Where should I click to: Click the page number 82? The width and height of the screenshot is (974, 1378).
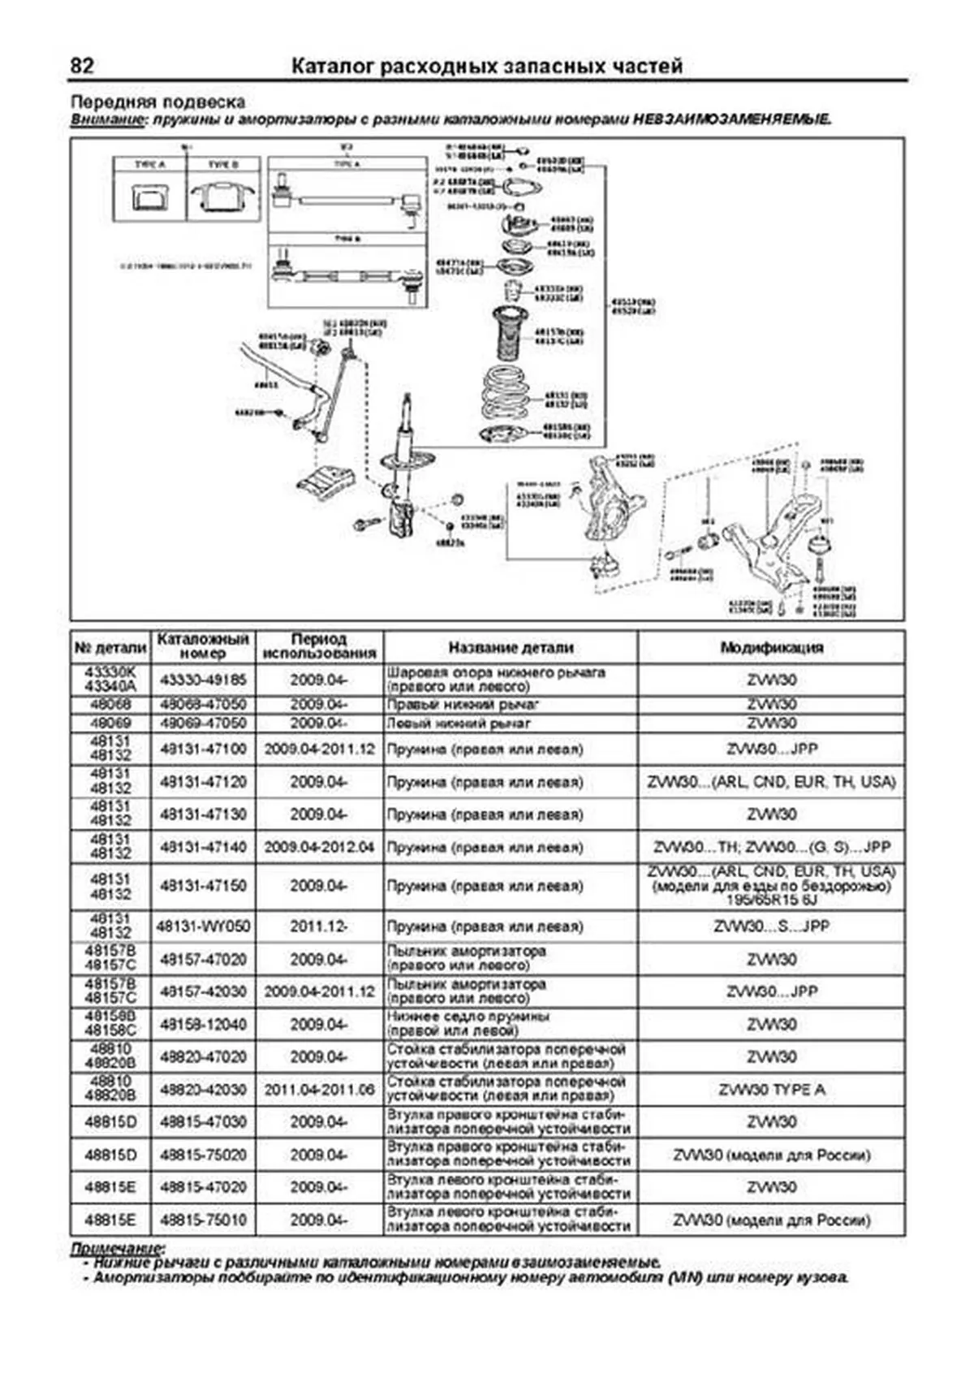[x=83, y=66]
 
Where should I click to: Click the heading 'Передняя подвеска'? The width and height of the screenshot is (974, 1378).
[x=157, y=102]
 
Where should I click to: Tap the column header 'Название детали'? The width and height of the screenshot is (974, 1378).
[x=511, y=647]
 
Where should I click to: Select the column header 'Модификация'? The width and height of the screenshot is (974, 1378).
[x=771, y=647]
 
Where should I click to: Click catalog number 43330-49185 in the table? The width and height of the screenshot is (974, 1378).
[x=202, y=679]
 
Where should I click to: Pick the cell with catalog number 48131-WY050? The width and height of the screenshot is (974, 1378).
[x=203, y=926]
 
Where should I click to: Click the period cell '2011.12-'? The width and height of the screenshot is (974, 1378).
[x=319, y=926]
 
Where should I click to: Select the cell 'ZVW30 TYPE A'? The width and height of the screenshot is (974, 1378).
[x=771, y=1089]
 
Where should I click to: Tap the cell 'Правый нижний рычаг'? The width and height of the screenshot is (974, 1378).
[x=463, y=704]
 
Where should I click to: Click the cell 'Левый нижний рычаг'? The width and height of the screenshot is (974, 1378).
[x=459, y=723]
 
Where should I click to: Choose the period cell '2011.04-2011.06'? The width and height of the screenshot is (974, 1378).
[x=319, y=1089]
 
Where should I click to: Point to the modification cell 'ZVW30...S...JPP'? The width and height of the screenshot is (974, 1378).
[x=771, y=926]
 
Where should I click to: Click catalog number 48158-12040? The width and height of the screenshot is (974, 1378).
[x=202, y=1024]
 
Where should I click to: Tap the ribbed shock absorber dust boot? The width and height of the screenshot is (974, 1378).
[x=511, y=333]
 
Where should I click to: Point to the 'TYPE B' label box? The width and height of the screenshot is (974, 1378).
[x=223, y=165]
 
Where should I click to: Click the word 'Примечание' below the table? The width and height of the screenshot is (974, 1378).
[x=117, y=1247]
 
